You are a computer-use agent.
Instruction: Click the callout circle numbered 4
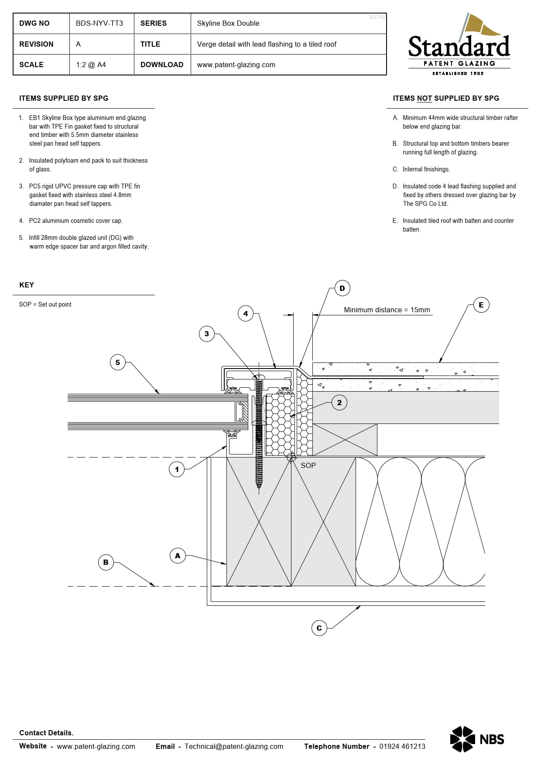(x=246, y=314)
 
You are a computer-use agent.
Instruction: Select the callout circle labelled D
(x=342, y=288)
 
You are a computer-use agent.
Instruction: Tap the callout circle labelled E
(x=481, y=305)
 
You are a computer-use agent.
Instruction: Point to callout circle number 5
(x=117, y=362)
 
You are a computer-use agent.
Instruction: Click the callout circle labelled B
(x=106, y=562)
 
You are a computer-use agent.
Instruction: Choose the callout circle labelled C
(x=319, y=628)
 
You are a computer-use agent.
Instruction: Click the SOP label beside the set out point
(x=308, y=465)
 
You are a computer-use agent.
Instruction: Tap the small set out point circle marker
(x=291, y=457)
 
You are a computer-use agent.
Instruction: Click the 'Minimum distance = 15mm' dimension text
(x=387, y=310)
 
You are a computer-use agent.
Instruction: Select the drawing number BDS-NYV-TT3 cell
(x=99, y=24)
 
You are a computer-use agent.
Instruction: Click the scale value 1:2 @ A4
(x=91, y=65)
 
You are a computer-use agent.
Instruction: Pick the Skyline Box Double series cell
(x=228, y=24)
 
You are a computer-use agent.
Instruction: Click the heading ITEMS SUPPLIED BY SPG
(x=64, y=99)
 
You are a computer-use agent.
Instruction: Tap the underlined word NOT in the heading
(x=424, y=99)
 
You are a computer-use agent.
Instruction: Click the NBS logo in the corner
(x=477, y=739)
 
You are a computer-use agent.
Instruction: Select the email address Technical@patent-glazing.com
(x=234, y=746)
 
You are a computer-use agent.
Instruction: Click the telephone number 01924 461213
(x=402, y=746)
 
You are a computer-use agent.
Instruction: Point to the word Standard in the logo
(x=459, y=47)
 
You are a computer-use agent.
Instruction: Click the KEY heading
(x=27, y=285)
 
